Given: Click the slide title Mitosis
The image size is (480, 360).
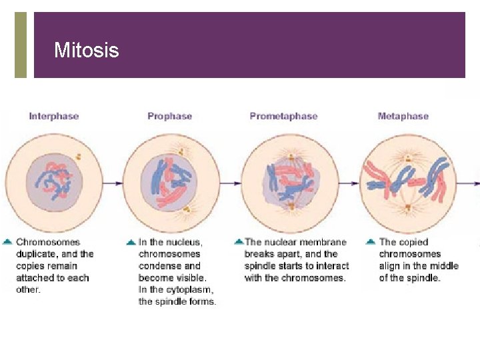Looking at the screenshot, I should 86,51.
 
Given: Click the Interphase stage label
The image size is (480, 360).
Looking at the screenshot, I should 53,116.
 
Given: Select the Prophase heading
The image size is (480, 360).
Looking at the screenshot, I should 169,116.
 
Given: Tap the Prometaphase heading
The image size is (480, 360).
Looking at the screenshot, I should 283,116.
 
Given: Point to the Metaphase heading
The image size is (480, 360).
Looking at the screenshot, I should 403,116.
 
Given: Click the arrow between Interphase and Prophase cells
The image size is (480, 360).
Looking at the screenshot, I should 113,182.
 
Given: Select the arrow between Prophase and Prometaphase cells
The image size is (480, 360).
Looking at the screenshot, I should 231,182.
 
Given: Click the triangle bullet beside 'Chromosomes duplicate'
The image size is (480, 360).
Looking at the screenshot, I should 7,242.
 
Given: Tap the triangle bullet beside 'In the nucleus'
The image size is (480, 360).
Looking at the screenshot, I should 131,242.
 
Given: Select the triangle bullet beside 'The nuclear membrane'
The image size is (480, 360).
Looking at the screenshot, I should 238,242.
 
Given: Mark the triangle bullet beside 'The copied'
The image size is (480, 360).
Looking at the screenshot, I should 371,242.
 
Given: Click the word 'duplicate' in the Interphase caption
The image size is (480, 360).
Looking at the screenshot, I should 37,254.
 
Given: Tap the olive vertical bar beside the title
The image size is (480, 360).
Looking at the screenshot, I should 21,45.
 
